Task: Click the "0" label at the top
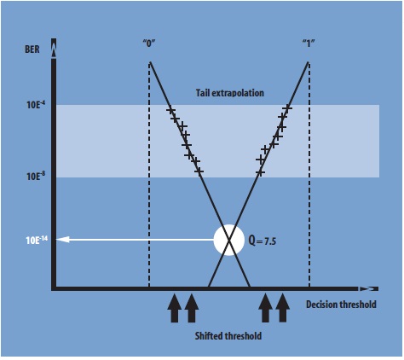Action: click(148, 42)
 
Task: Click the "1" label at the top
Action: click(309, 42)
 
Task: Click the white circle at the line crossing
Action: click(228, 240)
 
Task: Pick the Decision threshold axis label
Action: click(340, 305)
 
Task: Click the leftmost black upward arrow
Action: click(174, 307)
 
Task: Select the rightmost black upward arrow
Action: click(283, 307)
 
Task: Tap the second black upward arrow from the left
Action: click(192, 307)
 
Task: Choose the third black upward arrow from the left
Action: click(265, 307)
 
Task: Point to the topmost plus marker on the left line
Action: click(170, 111)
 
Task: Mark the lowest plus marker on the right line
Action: click(260, 172)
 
